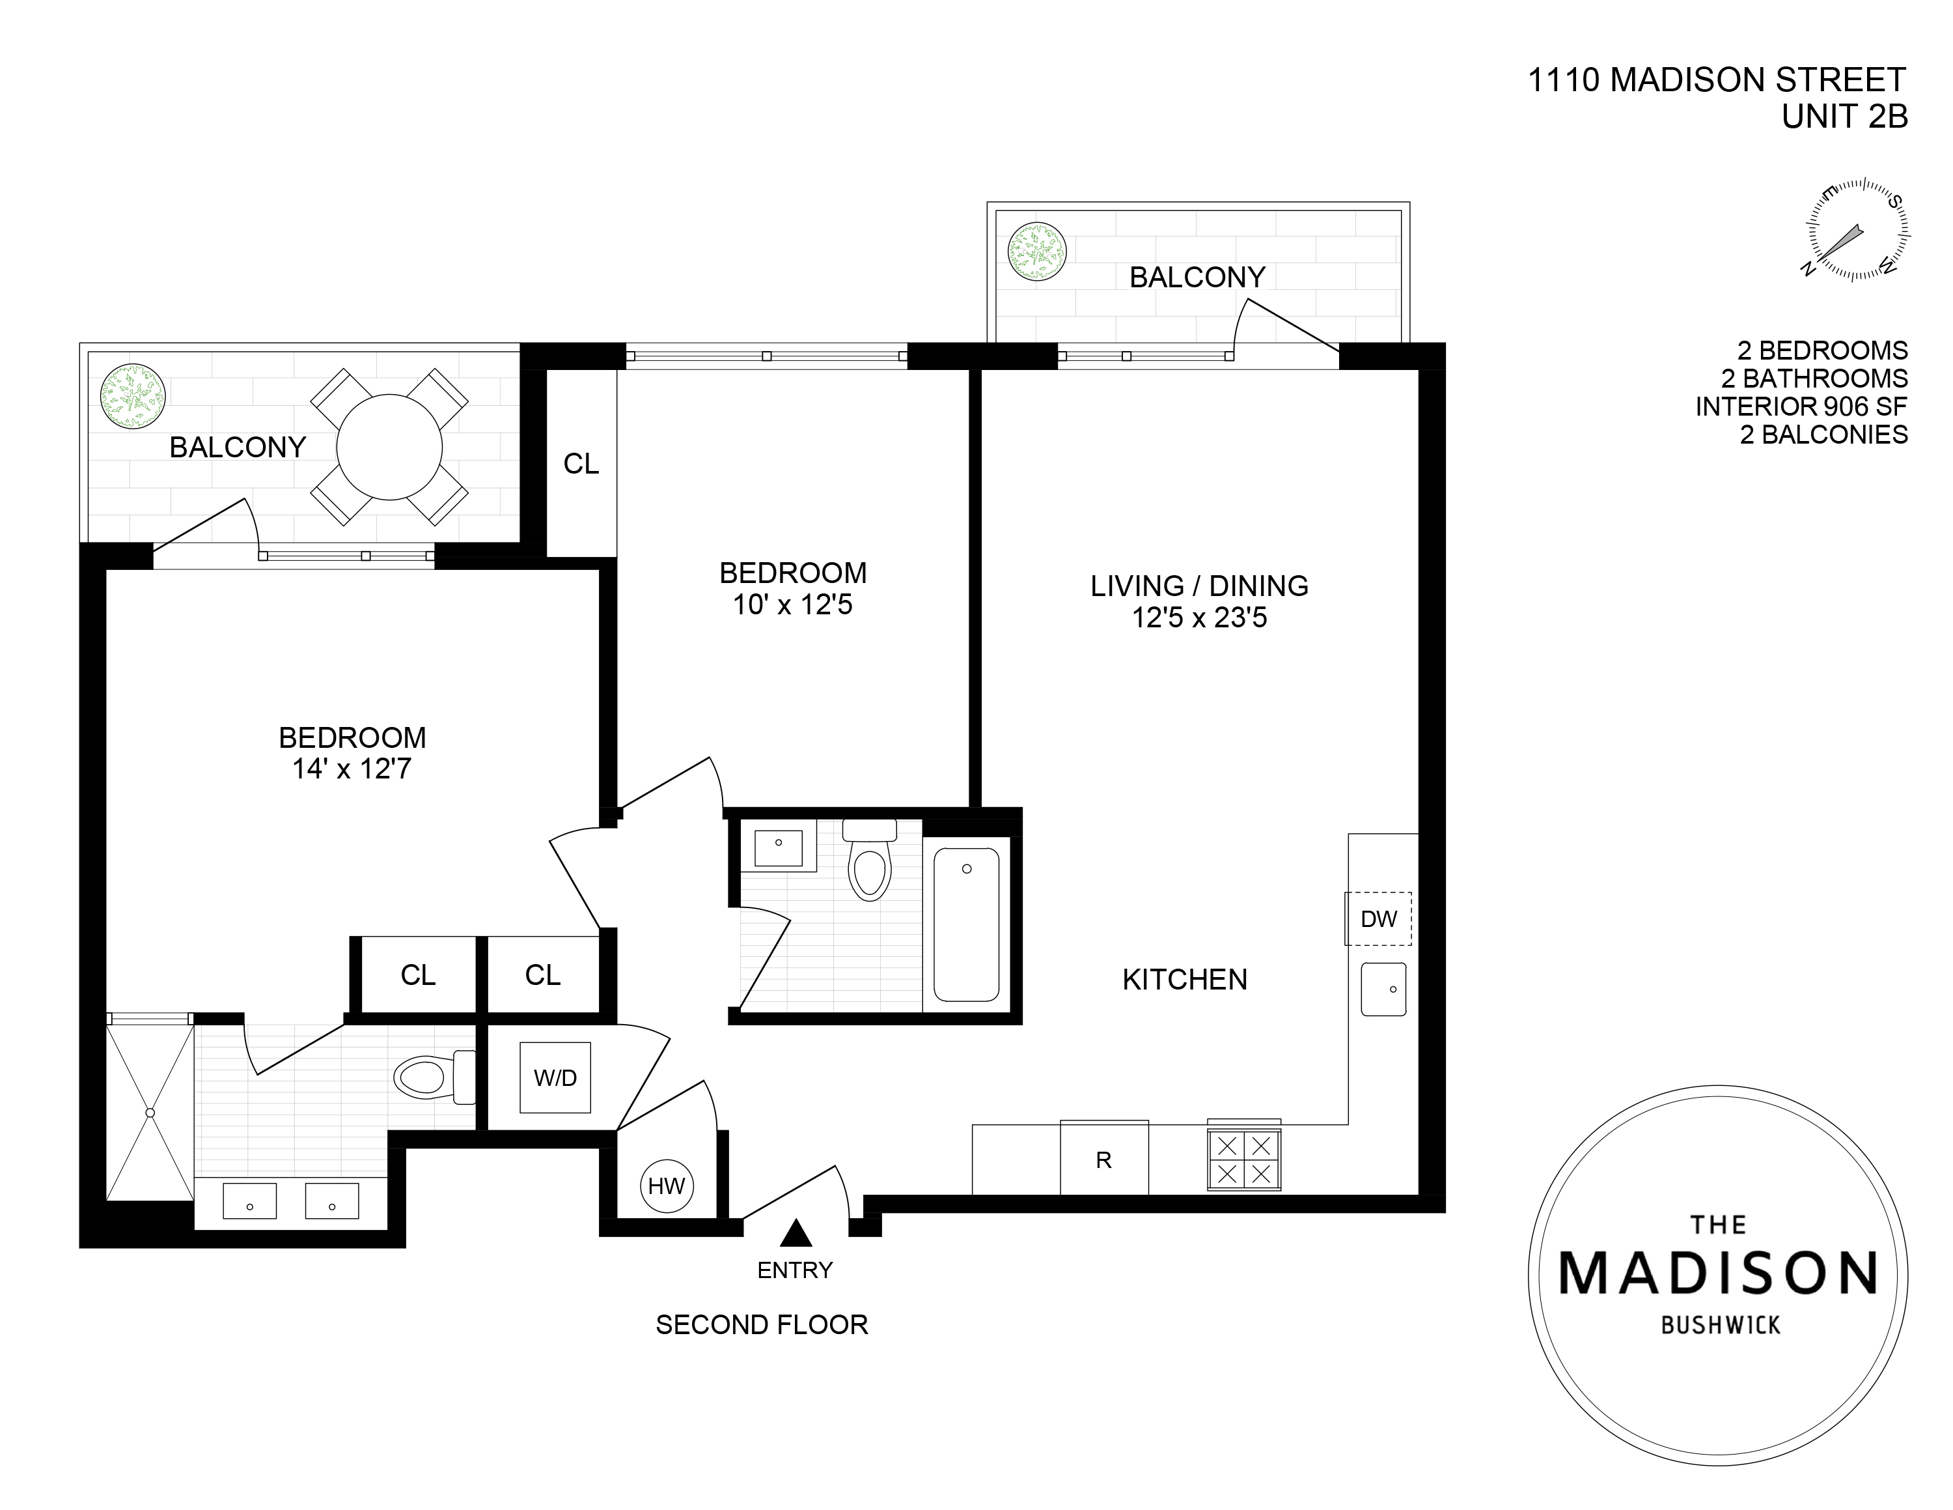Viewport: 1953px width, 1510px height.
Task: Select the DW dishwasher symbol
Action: pos(1378,919)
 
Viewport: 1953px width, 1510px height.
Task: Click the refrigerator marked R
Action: pos(1104,1157)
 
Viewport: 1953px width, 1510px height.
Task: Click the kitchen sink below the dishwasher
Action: pos(1383,988)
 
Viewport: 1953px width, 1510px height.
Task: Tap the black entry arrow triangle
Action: pos(795,1234)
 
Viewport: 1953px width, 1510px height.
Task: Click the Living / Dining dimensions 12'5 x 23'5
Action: pos(1199,618)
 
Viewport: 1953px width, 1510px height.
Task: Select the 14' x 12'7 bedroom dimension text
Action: pos(352,769)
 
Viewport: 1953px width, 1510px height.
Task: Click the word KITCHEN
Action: pos(1185,980)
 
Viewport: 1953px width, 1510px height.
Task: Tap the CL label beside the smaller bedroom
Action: pos(581,463)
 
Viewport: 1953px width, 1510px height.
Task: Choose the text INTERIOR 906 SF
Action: pos(1802,406)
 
